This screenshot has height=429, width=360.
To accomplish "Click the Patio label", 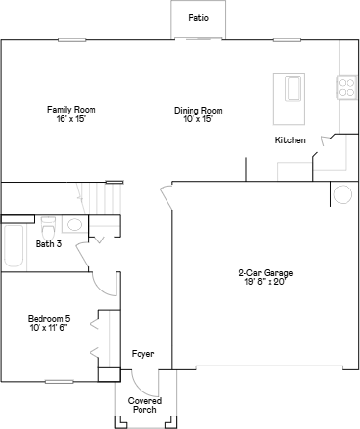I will pos(198,17).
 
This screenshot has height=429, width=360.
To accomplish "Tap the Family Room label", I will pos(71,110).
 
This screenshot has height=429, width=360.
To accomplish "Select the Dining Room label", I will pos(198,110).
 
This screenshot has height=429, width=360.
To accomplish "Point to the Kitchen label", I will pos(290,140).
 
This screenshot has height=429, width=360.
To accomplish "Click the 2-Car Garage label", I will pos(265,274).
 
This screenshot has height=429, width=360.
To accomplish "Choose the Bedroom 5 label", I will pos(48,318).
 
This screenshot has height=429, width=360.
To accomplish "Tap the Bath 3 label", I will pos(48,244).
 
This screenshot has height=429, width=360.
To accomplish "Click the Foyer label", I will pos(142,355).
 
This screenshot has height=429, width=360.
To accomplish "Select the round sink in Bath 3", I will pos(74,225).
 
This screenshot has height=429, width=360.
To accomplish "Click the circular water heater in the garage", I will pos(342,195).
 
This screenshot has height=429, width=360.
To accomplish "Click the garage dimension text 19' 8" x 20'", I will pos(265,283).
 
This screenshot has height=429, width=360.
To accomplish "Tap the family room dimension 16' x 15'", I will pos(71,119).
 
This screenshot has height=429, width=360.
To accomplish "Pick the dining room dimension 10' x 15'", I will pos(198,119).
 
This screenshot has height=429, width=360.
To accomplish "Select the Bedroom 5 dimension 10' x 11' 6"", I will pos(48,328).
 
